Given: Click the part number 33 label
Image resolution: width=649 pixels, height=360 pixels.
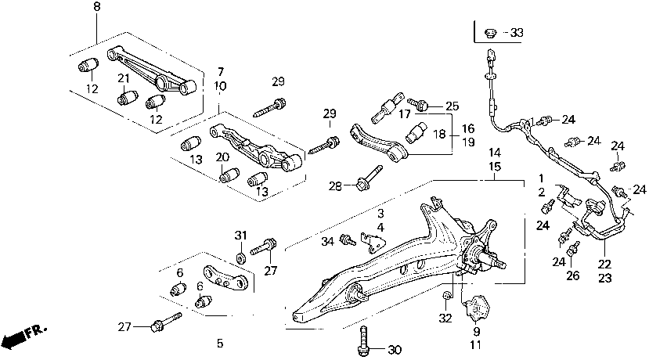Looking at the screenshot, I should click(515, 33).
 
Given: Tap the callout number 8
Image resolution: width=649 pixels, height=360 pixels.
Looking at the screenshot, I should click(97, 6).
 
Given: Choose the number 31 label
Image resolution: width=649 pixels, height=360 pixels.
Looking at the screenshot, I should click(241, 236).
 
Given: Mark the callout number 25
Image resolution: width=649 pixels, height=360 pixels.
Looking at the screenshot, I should click(451, 106).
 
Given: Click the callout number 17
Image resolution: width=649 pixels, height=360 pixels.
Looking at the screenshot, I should click(405, 114).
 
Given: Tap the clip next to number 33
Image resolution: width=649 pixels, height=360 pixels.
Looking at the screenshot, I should click(490, 32).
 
